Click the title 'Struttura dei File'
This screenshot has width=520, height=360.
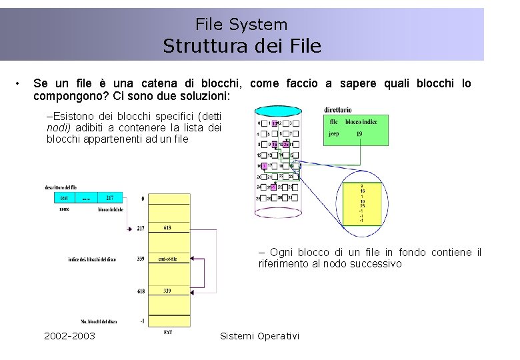242,46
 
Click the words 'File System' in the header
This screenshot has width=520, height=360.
241,25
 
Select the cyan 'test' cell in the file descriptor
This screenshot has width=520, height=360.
65,198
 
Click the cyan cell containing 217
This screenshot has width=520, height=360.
109,198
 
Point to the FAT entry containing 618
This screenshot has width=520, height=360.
168,228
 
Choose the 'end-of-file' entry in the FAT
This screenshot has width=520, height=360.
168,259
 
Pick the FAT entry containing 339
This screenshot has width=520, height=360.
168,291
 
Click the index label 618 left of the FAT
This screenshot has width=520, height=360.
140,291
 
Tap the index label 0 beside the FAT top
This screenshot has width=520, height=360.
143,199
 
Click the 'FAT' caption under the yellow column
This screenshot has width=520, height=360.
168,332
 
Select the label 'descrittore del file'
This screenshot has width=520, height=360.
61,187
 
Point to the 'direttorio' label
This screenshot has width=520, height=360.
338,110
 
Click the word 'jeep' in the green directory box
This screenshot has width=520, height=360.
334,133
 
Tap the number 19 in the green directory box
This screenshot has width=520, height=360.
359,133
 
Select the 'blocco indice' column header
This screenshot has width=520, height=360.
361,122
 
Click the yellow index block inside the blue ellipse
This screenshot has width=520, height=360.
362,203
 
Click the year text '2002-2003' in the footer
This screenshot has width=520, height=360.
69,335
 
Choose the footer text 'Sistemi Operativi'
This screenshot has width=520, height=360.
259,335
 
